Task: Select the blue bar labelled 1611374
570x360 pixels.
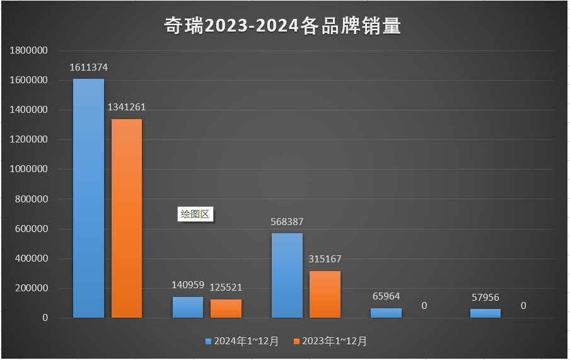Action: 88,198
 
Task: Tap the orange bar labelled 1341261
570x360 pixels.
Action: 127,218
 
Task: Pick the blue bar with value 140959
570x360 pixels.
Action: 188,307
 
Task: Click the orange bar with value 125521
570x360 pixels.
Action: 226,308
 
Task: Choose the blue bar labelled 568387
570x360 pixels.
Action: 287,276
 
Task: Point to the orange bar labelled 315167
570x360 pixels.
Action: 325,294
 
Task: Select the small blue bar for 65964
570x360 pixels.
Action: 386,313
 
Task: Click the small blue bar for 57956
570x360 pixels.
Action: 486,313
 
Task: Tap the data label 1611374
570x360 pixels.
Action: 88,67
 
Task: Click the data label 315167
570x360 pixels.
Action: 325,259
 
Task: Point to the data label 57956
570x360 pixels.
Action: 486,297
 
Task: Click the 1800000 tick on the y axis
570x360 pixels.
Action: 29,50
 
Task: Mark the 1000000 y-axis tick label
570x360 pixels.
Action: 29,170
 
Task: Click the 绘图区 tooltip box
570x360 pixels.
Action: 195,214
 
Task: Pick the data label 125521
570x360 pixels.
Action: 226,287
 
